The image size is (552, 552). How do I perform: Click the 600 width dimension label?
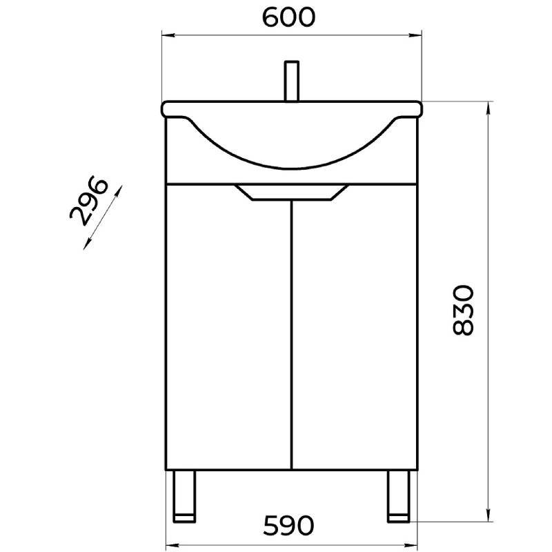click(x=288, y=17)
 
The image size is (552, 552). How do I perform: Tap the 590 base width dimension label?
click(x=288, y=526)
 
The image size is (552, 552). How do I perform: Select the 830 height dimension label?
click(x=463, y=310)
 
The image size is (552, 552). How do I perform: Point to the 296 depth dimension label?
click(x=88, y=201)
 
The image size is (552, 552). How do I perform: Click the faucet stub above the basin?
click(x=292, y=81)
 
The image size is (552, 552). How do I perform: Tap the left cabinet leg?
click(x=184, y=496)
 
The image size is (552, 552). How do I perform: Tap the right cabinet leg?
click(x=399, y=496)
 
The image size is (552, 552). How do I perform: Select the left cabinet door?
click(x=229, y=327)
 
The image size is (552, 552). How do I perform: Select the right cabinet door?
click(x=355, y=327)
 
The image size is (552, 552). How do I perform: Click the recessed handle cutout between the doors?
click(x=292, y=193)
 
